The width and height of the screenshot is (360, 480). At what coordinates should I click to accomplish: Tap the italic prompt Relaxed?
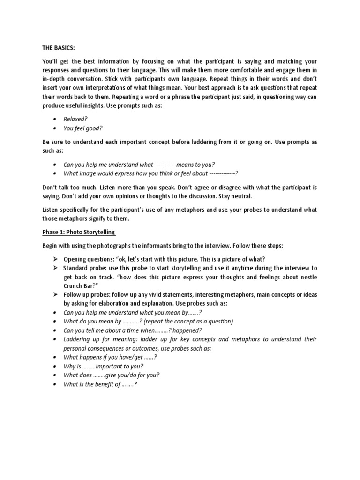[76, 119]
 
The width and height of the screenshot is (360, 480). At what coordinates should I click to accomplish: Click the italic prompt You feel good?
[83, 128]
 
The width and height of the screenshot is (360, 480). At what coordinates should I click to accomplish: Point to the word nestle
[306, 277]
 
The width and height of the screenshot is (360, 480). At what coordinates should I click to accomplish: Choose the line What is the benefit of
[100, 384]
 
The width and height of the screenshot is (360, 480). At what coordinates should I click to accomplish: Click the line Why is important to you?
[103, 366]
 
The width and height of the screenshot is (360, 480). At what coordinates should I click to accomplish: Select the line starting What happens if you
[110, 357]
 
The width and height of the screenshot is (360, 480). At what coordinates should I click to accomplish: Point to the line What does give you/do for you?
[112, 375]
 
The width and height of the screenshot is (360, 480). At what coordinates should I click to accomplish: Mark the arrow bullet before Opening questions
[54, 259]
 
